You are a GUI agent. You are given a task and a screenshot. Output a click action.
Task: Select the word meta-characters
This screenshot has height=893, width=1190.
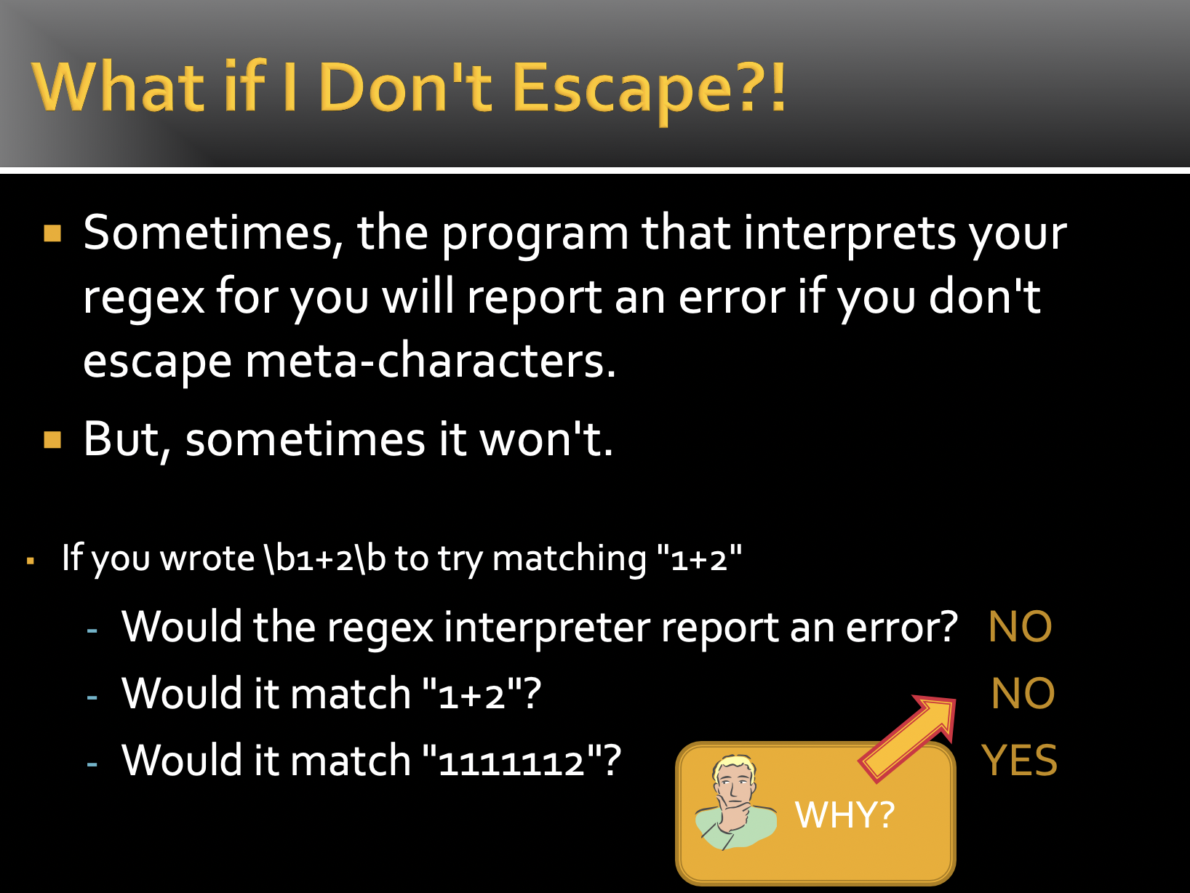pyautogui.click(x=431, y=361)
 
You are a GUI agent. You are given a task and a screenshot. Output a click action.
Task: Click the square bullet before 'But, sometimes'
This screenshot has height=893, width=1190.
pyautogui.click(x=52, y=439)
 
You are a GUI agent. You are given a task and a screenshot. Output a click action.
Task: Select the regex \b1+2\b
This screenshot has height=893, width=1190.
pyautogui.click(x=324, y=558)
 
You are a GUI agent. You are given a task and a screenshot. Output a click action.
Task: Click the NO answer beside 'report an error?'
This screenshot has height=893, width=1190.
pyautogui.click(x=1020, y=627)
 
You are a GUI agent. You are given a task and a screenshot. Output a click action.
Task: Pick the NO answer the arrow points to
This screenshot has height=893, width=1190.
pyautogui.click(x=1023, y=693)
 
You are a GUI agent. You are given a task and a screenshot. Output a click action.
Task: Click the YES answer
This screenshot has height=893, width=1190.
pyautogui.click(x=1019, y=760)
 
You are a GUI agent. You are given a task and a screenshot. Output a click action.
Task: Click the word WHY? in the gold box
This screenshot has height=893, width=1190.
pyautogui.click(x=844, y=814)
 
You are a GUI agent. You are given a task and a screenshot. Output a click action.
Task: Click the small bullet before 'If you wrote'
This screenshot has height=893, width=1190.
pyautogui.click(x=31, y=561)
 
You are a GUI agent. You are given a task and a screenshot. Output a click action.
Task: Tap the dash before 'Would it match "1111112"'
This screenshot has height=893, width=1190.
pyautogui.click(x=92, y=764)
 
